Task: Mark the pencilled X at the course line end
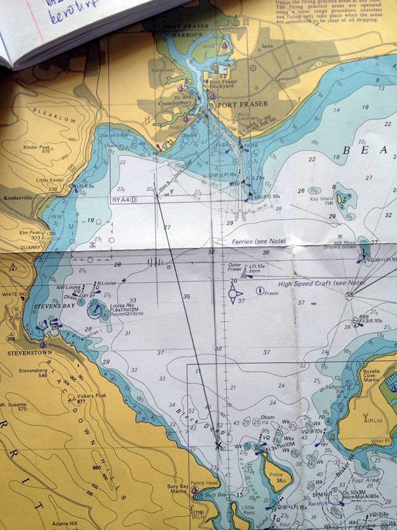click(x=219, y=444)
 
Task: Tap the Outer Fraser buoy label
click(x=235, y=267)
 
